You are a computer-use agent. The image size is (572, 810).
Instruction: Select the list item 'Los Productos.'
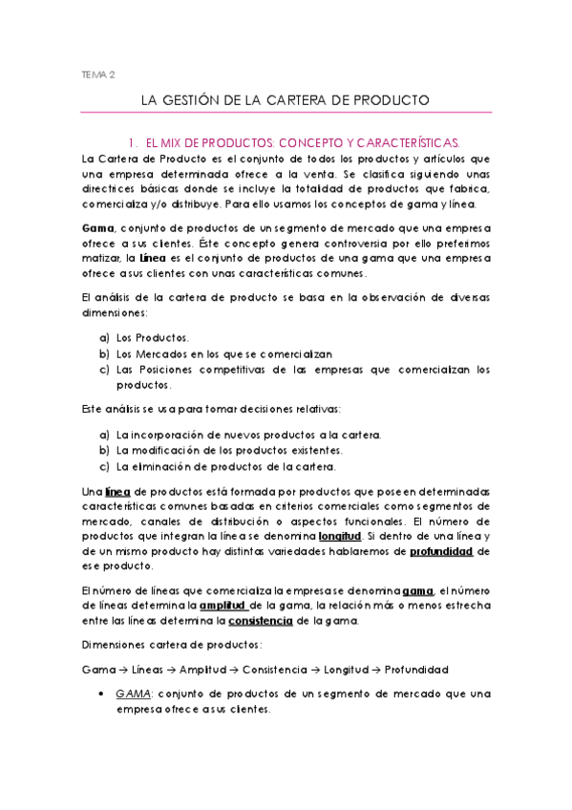(x=153, y=337)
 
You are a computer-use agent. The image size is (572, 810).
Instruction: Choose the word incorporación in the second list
(x=180, y=435)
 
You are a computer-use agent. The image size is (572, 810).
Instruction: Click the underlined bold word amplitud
(x=222, y=607)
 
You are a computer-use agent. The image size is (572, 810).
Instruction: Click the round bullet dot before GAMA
(x=103, y=693)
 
